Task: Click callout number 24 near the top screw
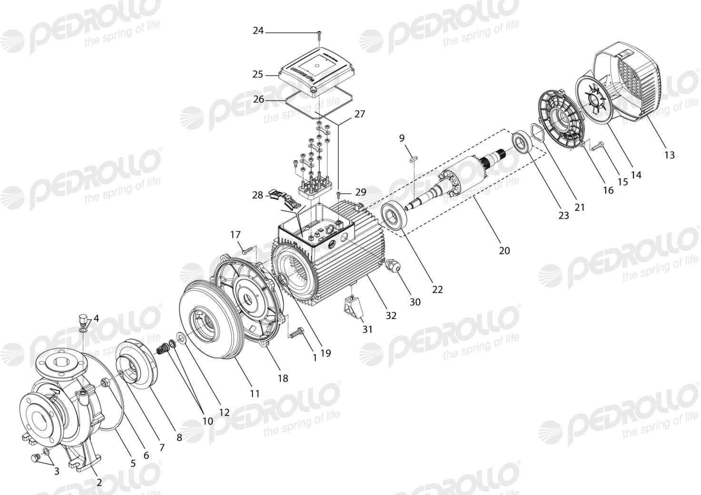(x=258, y=31)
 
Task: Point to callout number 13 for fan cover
(x=670, y=155)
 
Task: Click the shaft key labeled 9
(x=412, y=158)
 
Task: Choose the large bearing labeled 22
(x=394, y=216)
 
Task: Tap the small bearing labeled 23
(x=523, y=143)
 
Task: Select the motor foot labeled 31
(x=353, y=307)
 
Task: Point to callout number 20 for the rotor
(x=504, y=251)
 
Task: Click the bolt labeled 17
(x=247, y=250)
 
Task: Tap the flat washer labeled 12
(x=181, y=338)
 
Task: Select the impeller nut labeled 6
(x=105, y=382)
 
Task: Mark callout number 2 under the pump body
(x=99, y=482)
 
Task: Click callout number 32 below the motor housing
(x=391, y=316)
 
